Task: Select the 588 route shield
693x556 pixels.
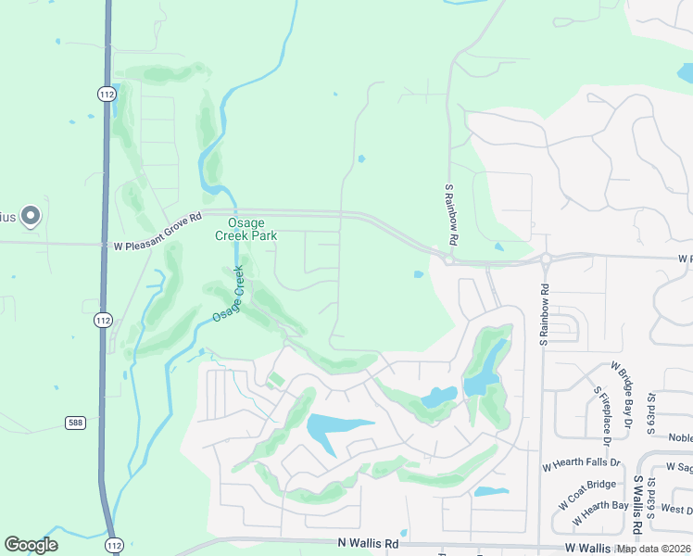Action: pyautogui.click(x=76, y=423)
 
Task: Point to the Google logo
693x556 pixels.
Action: pyautogui.click(x=31, y=545)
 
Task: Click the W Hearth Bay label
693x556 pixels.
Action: pyautogui.click(x=601, y=506)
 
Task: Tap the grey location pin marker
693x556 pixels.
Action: pyautogui.click(x=31, y=216)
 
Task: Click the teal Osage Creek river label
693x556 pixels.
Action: pyautogui.click(x=228, y=295)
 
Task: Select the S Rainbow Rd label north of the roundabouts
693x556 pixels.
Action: pyautogui.click(x=451, y=212)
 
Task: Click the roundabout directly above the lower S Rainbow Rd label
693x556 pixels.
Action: pyautogui.click(x=546, y=259)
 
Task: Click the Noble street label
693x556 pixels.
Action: pyautogui.click(x=681, y=438)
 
